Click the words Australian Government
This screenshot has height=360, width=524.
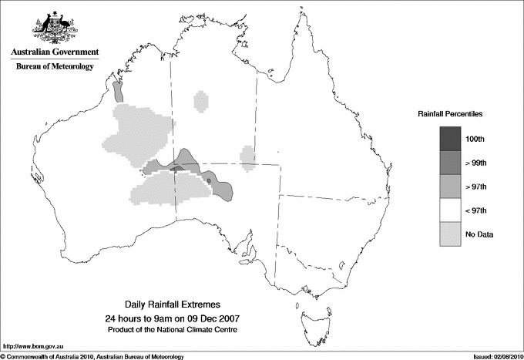tap(54, 52)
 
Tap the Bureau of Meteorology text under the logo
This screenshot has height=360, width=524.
tap(54, 66)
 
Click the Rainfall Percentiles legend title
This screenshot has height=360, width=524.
tap(450, 114)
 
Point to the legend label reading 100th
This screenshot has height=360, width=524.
tap(475, 139)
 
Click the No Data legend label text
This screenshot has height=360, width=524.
tap(479, 234)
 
